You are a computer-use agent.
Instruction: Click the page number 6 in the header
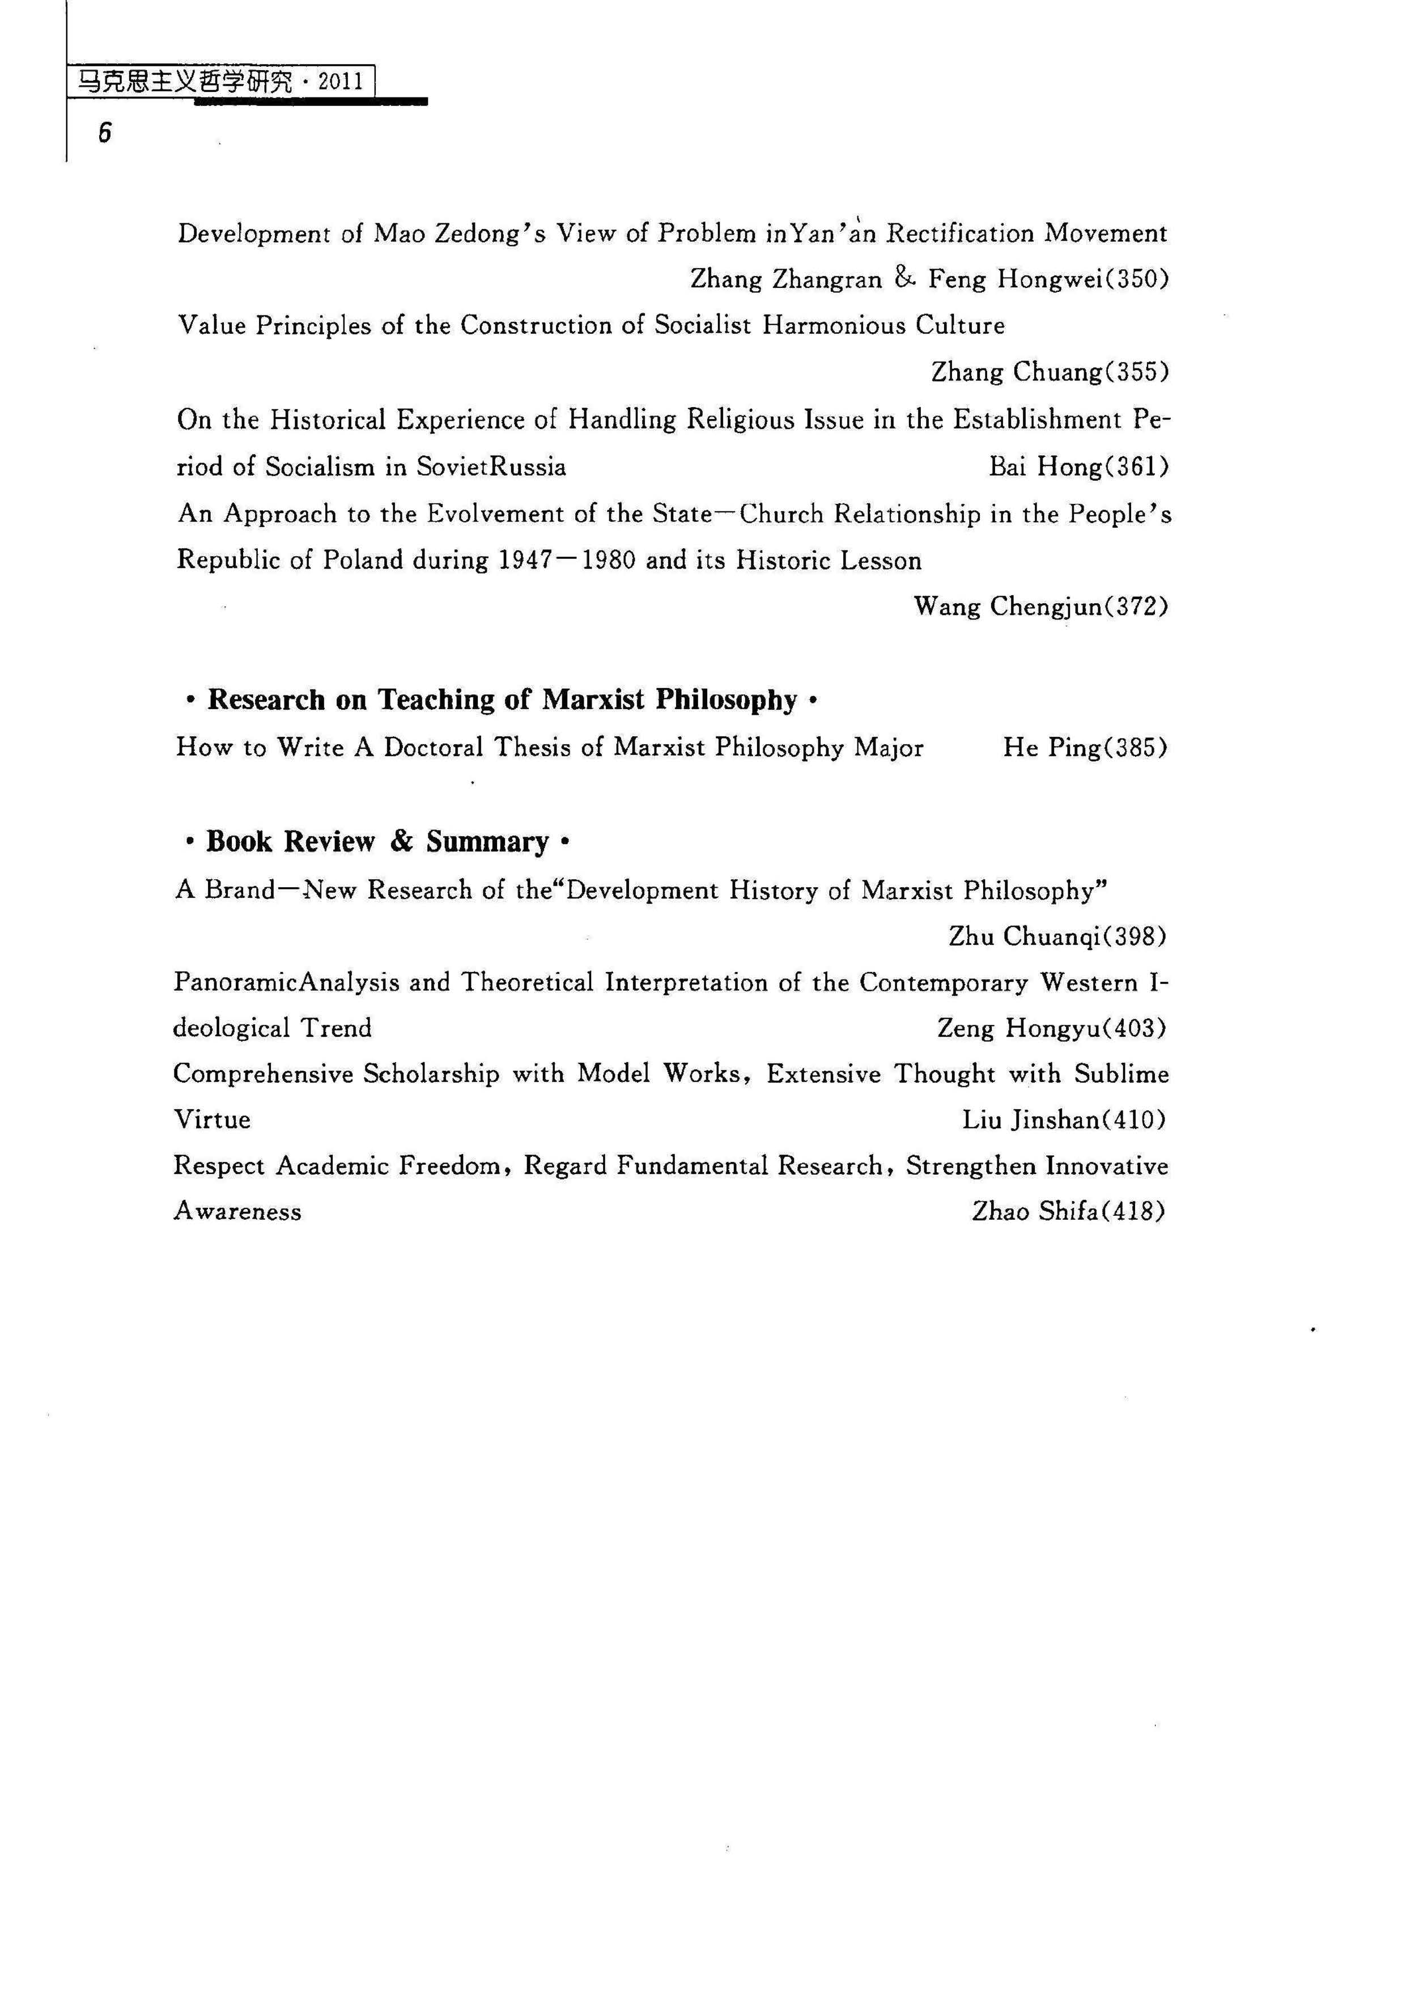(x=105, y=133)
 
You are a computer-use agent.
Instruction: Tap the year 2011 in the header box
(x=341, y=82)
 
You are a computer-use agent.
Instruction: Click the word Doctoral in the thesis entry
(x=433, y=748)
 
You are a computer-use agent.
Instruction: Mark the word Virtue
(x=213, y=1120)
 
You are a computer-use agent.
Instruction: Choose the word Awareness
(x=237, y=1211)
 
